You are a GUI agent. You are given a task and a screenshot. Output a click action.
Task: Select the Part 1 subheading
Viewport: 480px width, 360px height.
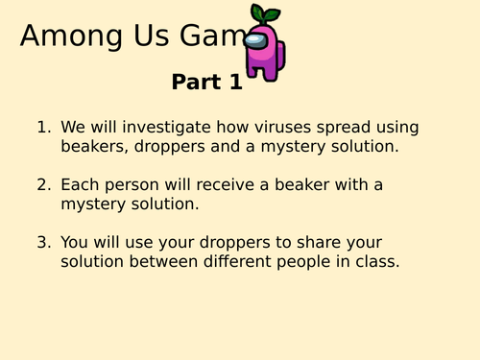tap(206, 83)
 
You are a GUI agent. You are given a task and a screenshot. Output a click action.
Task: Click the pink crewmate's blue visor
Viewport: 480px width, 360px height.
tap(254, 41)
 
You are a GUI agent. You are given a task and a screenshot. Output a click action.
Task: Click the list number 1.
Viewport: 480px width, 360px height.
tap(42, 127)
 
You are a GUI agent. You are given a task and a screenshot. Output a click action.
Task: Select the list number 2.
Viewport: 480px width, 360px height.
tap(42, 184)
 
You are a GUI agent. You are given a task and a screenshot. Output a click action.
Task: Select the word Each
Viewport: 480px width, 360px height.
tap(80, 184)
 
